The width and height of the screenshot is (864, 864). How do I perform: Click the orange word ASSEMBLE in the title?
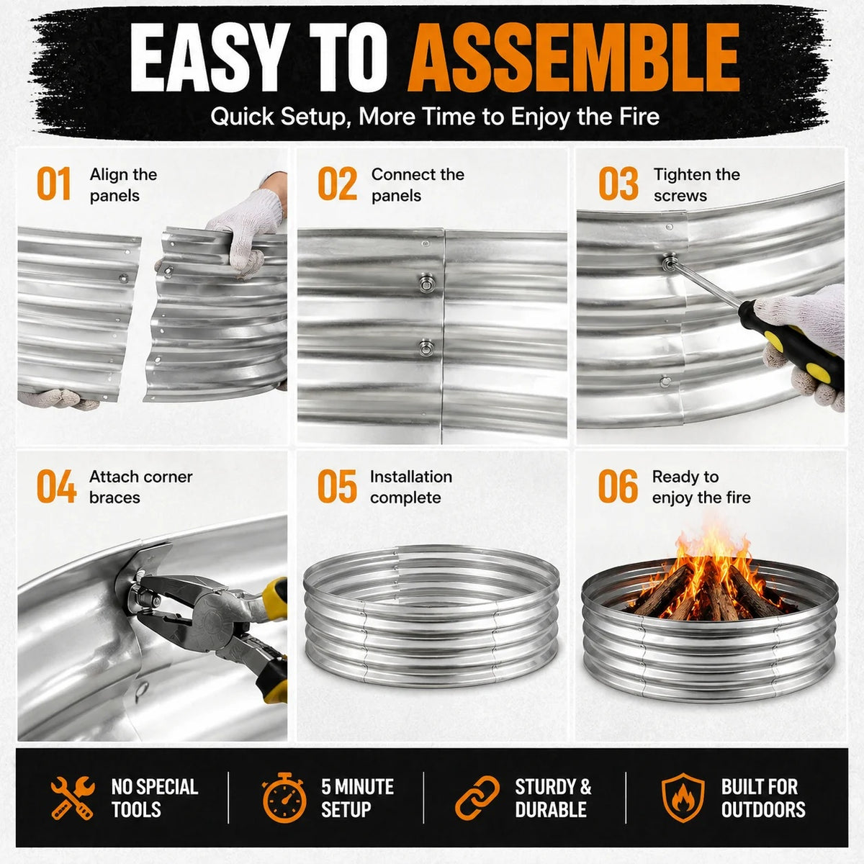pos(573,58)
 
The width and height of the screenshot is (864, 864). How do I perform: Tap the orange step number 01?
pos(54,184)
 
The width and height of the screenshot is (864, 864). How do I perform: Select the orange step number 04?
pos(56,486)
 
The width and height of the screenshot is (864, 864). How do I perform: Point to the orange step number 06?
pos(618,486)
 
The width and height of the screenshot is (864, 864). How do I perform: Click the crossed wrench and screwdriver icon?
pos(73,798)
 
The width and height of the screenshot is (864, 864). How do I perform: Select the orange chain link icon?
pos(477,798)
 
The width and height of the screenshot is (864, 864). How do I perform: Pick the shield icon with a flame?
pos(683,798)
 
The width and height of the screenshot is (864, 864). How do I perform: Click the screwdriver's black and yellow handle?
pos(791,344)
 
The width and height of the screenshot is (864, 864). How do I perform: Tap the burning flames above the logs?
pos(712,560)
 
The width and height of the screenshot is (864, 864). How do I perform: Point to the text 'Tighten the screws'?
pos(697,185)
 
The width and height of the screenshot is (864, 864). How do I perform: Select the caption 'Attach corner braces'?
pos(141,487)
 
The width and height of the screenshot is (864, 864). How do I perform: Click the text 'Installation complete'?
pos(411,487)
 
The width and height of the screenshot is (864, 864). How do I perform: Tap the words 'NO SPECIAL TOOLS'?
pos(155,798)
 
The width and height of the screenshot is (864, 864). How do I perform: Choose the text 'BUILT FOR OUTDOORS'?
pos(763,798)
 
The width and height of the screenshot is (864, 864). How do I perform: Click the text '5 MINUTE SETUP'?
pos(357,798)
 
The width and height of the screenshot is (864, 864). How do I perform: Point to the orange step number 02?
pos(337,184)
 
